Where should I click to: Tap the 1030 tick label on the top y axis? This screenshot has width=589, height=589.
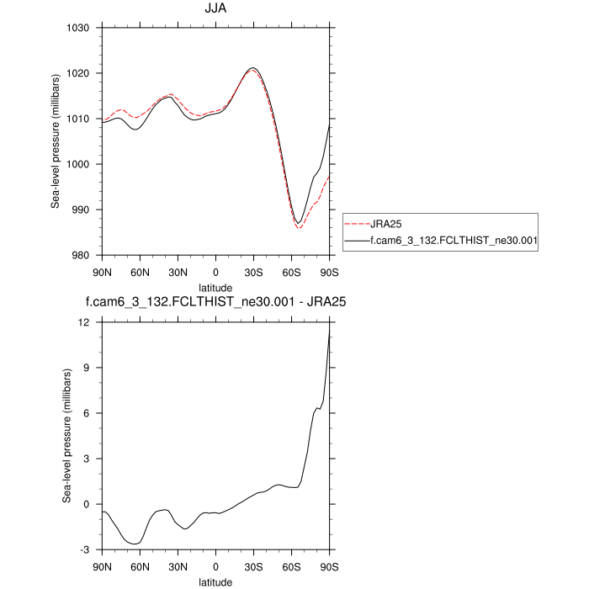click(x=80, y=28)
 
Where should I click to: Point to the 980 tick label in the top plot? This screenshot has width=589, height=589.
click(x=82, y=256)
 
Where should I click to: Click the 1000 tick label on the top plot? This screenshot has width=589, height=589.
click(x=80, y=164)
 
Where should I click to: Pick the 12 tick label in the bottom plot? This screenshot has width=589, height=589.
click(x=85, y=322)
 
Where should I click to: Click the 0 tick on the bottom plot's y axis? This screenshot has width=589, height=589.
click(x=88, y=504)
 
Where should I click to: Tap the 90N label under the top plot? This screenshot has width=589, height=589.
click(x=102, y=273)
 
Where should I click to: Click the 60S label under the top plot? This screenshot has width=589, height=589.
click(x=292, y=273)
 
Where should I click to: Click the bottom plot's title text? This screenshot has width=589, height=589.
click(x=215, y=300)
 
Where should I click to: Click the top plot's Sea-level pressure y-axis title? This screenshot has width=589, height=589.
click(x=56, y=141)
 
